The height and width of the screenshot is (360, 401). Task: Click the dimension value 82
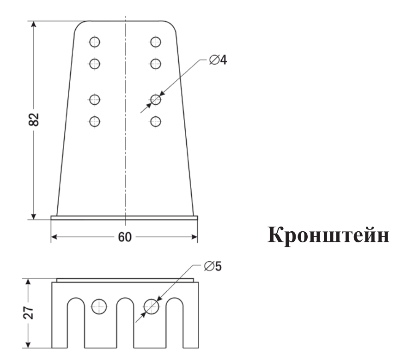pyautogui.click(x=34, y=120)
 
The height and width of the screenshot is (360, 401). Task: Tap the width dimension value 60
pyautogui.click(x=125, y=237)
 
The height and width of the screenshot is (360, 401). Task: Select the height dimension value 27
pyautogui.click(x=28, y=312)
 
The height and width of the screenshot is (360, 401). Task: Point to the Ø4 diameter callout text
pyautogui.click(x=218, y=60)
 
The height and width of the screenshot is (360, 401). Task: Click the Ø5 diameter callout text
pyautogui.click(x=213, y=266)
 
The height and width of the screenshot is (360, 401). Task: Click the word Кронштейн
pyautogui.click(x=328, y=235)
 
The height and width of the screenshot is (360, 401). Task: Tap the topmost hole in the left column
pyautogui.click(x=95, y=42)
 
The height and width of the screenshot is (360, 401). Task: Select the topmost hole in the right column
pyautogui.click(x=156, y=42)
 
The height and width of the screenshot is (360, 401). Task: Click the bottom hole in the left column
pyautogui.click(x=95, y=121)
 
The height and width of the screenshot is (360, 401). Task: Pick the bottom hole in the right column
pyautogui.click(x=156, y=121)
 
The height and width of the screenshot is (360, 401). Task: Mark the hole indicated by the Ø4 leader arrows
pyautogui.click(x=156, y=99)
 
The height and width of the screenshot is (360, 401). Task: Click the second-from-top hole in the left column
pyautogui.click(x=95, y=64)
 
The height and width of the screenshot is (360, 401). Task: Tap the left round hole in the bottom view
pyautogui.click(x=99, y=306)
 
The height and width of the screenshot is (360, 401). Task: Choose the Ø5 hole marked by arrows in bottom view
pyautogui.click(x=152, y=306)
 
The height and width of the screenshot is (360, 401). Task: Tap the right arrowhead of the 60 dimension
pyautogui.click(x=194, y=237)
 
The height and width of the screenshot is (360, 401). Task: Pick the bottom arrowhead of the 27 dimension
pyautogui.click(x=28, y=345)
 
